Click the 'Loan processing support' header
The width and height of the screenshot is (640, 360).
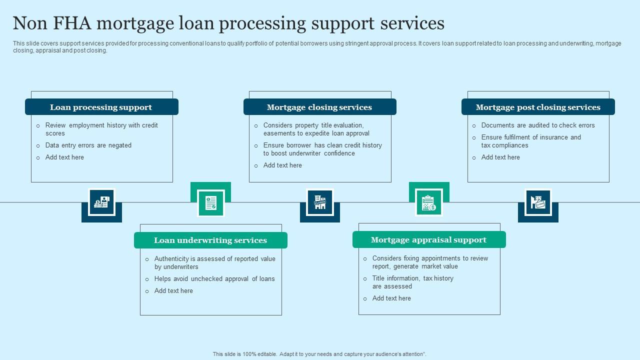101,107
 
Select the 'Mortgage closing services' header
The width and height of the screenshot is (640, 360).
319,107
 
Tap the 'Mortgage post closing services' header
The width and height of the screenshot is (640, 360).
538,107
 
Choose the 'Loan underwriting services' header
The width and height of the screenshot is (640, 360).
210,240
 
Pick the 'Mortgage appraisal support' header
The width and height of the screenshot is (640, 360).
428,239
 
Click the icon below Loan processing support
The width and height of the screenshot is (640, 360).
101,202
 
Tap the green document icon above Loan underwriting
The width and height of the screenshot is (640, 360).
210,202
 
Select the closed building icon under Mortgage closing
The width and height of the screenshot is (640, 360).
320,202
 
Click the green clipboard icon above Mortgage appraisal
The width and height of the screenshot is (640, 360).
429,202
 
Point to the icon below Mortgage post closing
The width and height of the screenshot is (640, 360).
538,202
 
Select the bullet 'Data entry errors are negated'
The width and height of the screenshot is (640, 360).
88,145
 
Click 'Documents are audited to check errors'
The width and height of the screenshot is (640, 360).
538,125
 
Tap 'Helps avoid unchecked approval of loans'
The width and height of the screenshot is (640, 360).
214,278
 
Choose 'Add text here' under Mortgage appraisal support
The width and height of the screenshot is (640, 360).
391,298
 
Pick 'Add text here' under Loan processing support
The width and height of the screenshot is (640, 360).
64,157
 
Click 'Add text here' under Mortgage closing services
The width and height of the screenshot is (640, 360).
282,165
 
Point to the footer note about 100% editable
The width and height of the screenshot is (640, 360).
319,354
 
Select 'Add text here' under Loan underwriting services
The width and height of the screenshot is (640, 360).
173,290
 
